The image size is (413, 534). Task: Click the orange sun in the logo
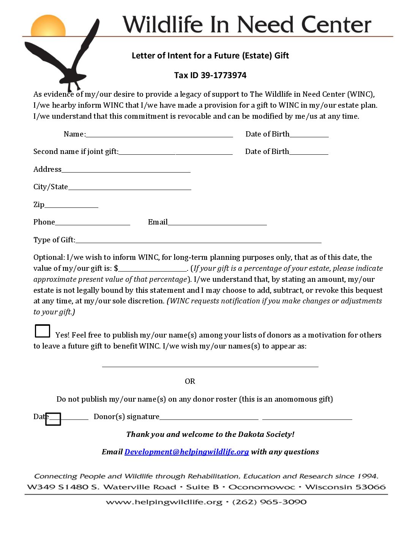(48, 27)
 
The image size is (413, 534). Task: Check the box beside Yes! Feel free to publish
(43, 331)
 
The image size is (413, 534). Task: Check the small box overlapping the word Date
(53, 419)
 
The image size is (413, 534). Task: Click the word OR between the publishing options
(190, 382)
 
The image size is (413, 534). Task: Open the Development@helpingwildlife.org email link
(186, 452)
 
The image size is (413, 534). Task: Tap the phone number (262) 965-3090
(269, 502)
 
